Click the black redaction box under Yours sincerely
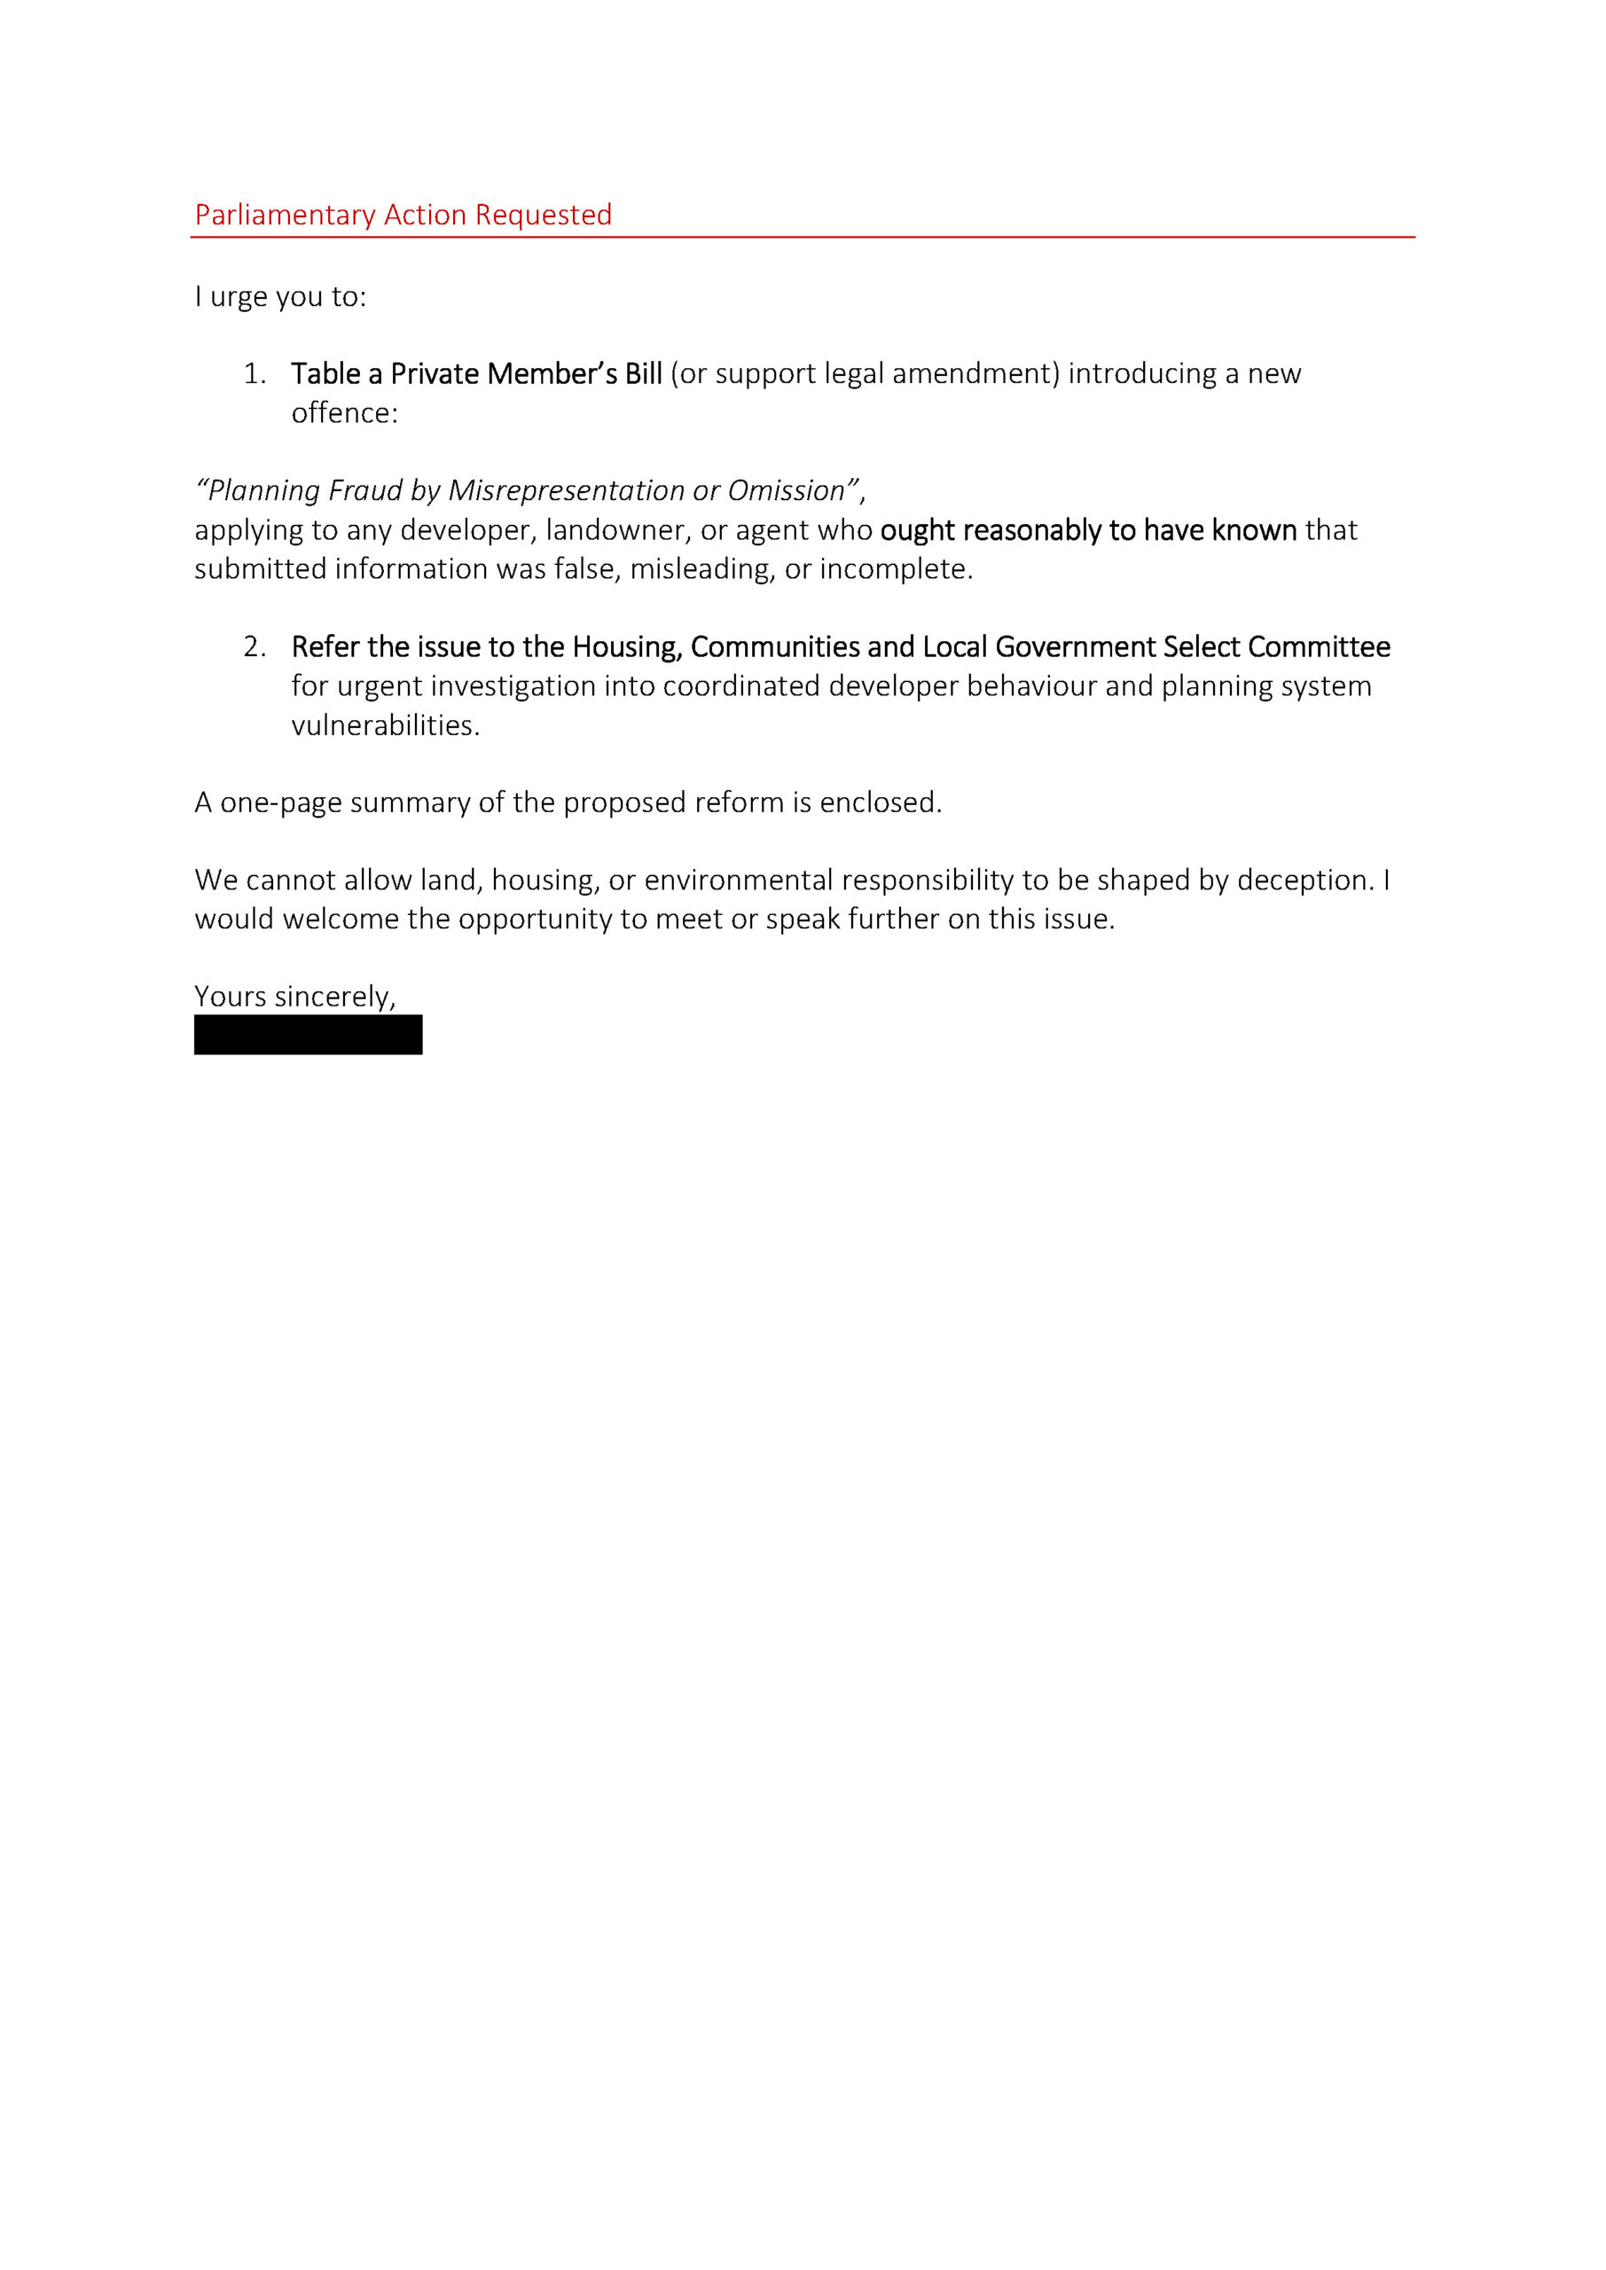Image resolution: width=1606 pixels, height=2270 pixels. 308,1034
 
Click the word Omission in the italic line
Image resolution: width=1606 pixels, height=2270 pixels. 787,490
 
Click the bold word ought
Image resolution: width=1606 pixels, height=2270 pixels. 917,530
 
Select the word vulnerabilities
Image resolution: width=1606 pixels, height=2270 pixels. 385,725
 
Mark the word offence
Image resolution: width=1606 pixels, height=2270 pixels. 343,413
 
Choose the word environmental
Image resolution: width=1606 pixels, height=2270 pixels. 739,880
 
